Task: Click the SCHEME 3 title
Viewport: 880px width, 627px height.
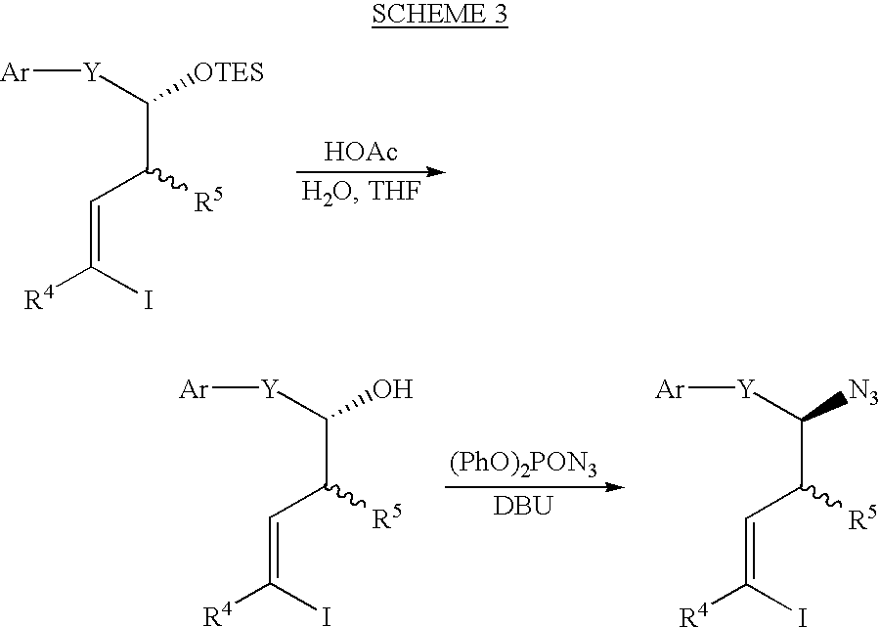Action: [x=439, y=14]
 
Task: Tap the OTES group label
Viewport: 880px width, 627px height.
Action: [x=228, y=73]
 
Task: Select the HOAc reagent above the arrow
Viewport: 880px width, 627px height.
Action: [x=361, y=152]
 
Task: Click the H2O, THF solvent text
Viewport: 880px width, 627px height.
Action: [x=361, y=192]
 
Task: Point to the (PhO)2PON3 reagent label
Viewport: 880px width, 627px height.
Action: [x=522, y=466]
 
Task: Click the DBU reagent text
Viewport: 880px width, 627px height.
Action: [x=522, y=506]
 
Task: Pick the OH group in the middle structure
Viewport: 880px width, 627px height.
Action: [x=393, y=389]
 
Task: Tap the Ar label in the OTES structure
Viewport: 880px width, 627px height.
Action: [x=15, y=72]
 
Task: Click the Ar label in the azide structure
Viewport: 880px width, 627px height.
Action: [x=670, y=389]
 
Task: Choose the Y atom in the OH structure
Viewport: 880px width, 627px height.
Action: [x=270, y=389]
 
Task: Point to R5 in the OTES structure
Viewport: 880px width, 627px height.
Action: [x=207, y=201]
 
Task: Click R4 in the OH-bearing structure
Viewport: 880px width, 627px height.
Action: [x=217, y=614]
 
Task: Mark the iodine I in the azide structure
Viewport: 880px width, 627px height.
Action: [x=803, y=617]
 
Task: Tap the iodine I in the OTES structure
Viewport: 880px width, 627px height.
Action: [x=149, y=300]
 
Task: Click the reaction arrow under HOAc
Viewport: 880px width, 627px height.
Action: [x=371, y=172]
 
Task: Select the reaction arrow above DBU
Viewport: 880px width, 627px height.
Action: [x=535, y=487]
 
